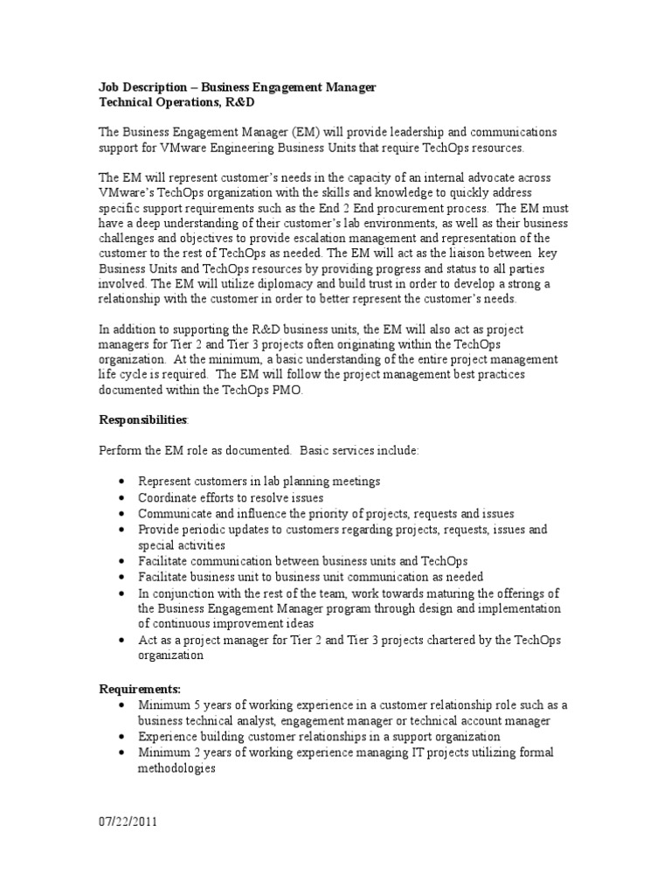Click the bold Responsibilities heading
coord(142,420)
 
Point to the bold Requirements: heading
coord(139,690)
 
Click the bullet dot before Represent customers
coord(121,482)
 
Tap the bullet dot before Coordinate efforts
coord(121,498)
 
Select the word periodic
coord(203,530)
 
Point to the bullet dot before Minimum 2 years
coord(121,752)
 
